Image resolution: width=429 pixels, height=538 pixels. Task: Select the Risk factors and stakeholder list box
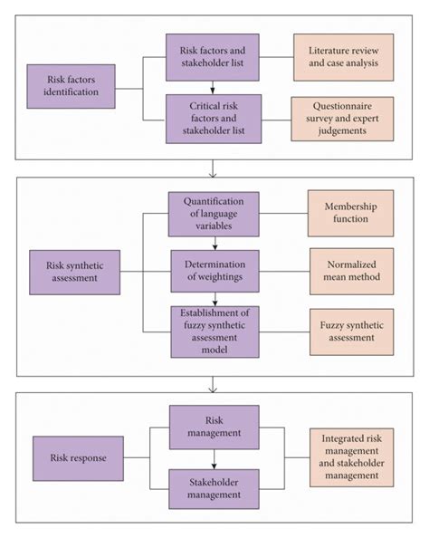[x=212, y=56]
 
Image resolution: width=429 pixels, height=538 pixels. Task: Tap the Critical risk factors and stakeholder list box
[x=212, y=117]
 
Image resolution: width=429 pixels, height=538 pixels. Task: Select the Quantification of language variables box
[x=214, y=214]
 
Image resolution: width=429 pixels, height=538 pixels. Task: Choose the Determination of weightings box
[x=214, y=271]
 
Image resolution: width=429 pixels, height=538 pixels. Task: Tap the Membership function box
[x=350, y=214]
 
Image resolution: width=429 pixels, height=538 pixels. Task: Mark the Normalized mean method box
[x=350, y=271]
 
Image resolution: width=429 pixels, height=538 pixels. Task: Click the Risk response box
[x=78, y=458]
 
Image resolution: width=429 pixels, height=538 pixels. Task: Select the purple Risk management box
[x=214, y=427]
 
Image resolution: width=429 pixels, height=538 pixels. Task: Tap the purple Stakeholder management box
[x=214, y=488]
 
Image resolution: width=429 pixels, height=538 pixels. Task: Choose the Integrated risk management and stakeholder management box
[x=350, y=456]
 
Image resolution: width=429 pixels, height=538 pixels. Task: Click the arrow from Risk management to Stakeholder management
[x=214, y=457]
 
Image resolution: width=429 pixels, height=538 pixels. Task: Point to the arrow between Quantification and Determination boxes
[x=214, y=243]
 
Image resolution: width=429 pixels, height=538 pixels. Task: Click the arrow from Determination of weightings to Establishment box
[x=214, y=300]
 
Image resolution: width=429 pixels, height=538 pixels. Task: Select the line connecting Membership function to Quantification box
[x=282, y=214]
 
